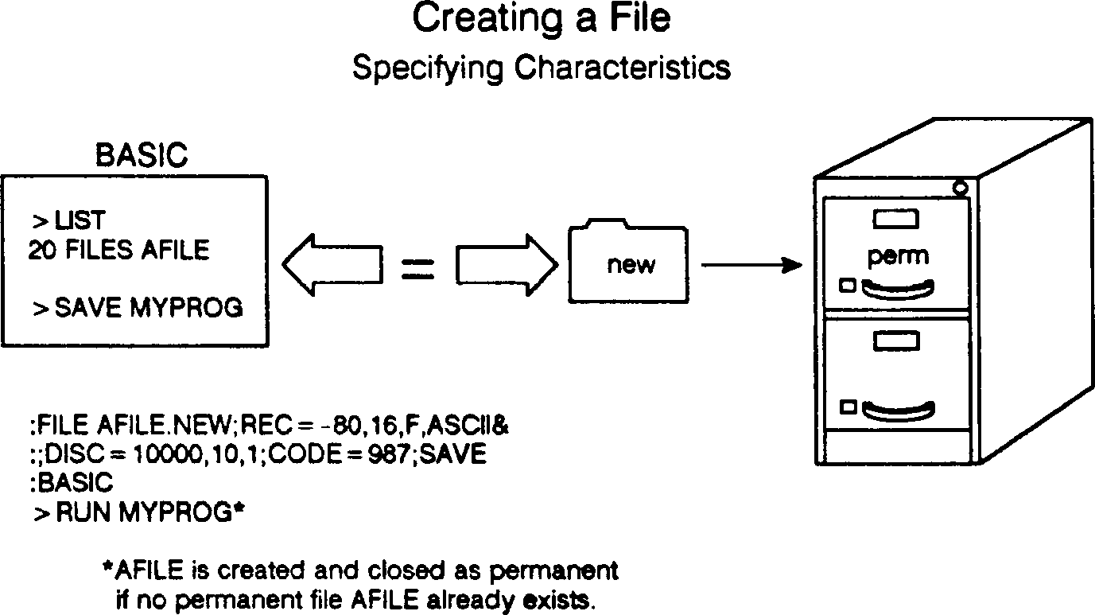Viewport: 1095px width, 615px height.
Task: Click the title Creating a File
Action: click(541, 19)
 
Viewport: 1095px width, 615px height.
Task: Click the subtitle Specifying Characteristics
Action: click(541, 68)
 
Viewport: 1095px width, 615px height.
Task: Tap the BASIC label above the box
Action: click(142, 155)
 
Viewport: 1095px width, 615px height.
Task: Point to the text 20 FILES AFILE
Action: click(118, 251)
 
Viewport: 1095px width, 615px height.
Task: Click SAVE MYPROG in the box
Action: click(148, 308)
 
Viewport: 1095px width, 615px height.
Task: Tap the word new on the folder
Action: click(631, 265)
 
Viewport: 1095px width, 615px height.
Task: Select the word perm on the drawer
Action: click(897, 256)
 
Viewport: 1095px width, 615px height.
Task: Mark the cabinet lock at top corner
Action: click(960, 189)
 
